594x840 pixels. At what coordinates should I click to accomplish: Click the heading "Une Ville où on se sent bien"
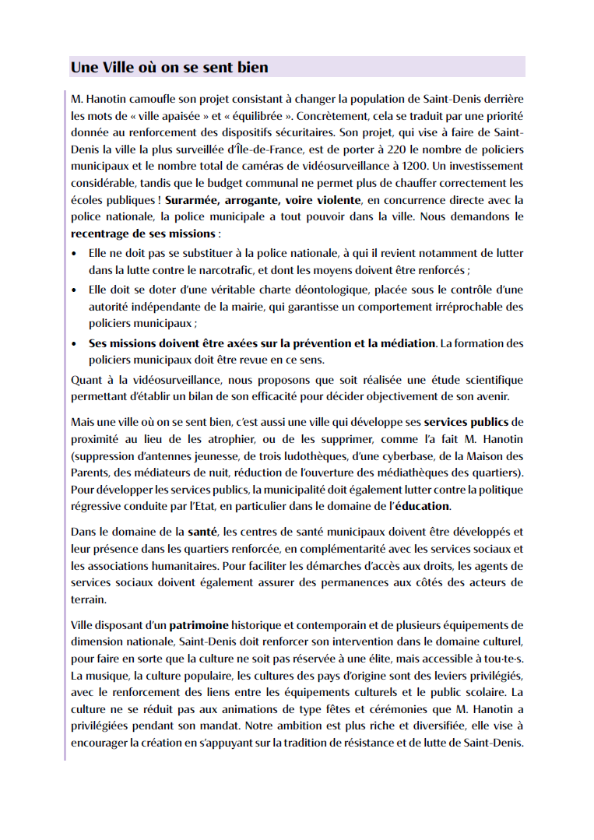click(x=169, y=68)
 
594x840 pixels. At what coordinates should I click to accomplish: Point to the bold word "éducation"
click(x=422, y=506)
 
